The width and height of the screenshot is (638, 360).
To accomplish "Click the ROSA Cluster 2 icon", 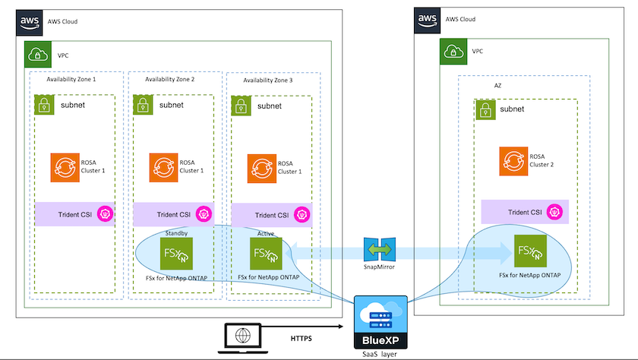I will click(513, 162).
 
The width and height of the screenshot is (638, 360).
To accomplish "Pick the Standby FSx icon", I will click(176, 253).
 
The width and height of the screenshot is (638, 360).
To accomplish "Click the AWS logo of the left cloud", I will click(30, 21).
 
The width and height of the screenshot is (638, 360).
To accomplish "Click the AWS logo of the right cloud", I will click(428, 21).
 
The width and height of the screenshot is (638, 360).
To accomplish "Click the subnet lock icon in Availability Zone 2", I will click(144, 106).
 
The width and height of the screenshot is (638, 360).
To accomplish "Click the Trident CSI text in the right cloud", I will click(525, 212).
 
